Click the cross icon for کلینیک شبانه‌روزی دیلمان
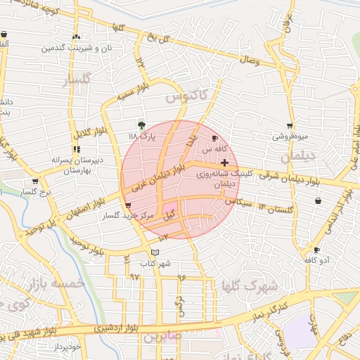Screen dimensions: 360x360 pyautogui.click(x=224, y=163)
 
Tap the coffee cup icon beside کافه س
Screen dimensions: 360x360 pyautogui.click(x=214, y=138)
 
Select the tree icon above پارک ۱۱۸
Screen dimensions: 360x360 pyautogui.click(x=143, y=124)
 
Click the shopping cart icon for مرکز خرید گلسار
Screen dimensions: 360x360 pyautogui.click(x=127, y=206)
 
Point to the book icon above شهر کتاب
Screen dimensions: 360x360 pyautogui.click(x=155, y=252)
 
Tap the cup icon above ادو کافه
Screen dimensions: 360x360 pyautogui.click(x=316, y=250)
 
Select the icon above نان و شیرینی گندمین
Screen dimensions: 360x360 pyautogui.click(x=76, y=37)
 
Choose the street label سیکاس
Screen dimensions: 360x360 pyautogui.click(x=238, y=202)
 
